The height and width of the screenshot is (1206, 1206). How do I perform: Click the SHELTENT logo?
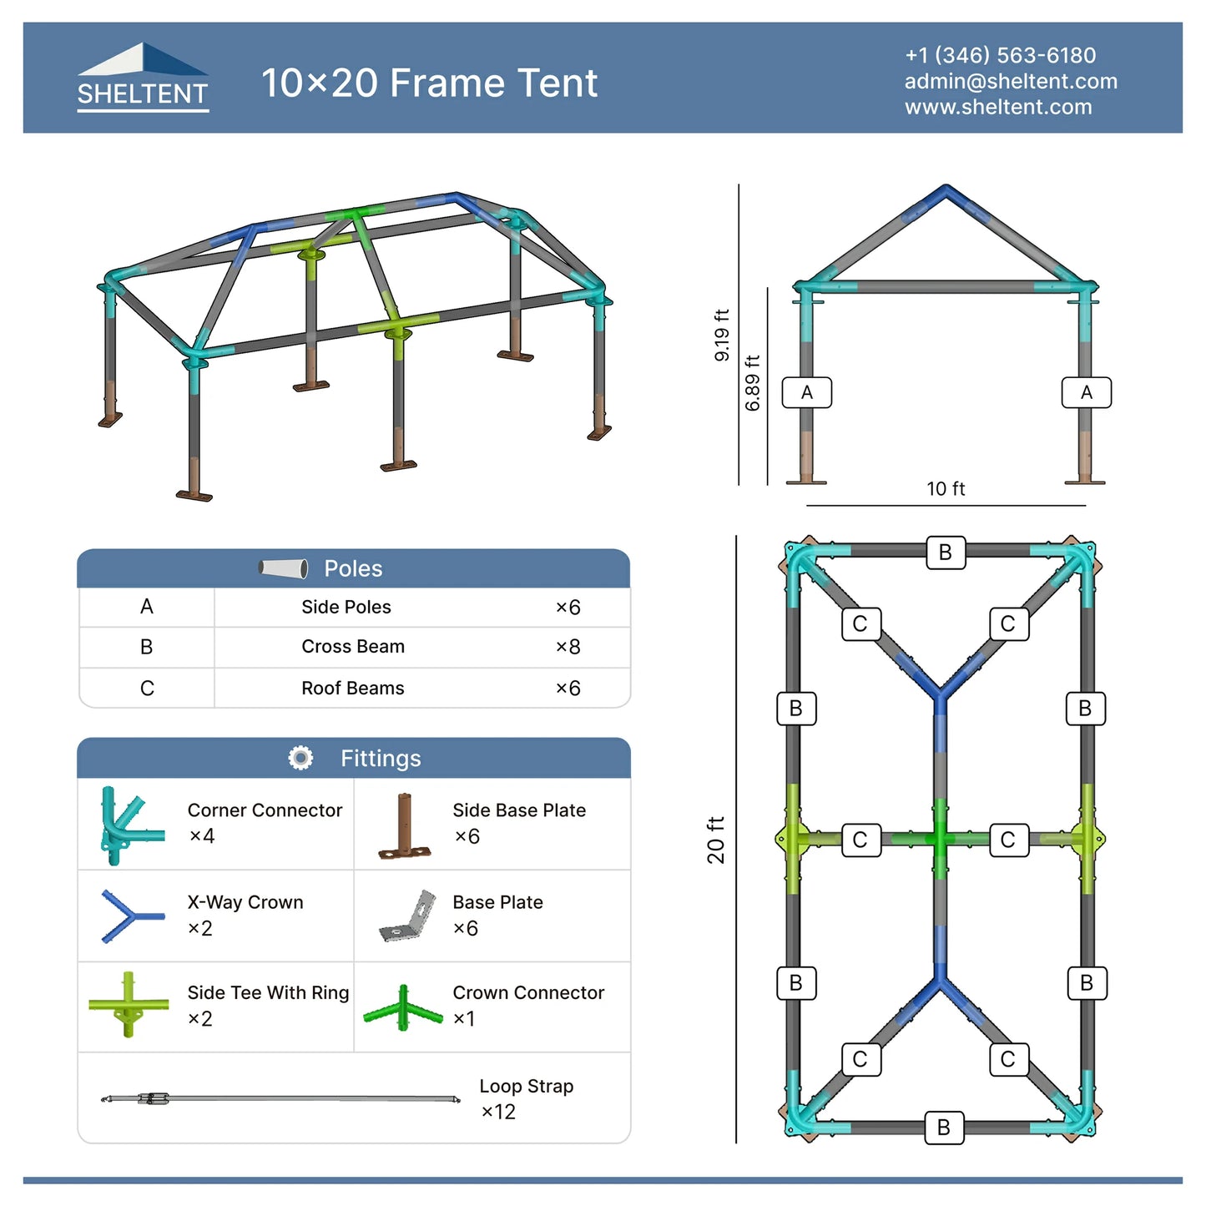143,78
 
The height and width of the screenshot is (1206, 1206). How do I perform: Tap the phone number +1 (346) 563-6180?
1000,55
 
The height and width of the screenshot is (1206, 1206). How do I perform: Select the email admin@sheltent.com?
1011,81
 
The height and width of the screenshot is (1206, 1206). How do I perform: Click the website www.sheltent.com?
998,107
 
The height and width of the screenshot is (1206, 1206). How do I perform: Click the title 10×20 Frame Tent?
429,83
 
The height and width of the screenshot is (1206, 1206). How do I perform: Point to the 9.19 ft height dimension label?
722,335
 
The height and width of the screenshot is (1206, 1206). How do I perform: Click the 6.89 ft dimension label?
753,383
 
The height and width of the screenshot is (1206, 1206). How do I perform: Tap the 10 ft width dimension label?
946,489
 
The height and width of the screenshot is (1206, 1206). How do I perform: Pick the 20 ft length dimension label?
716,840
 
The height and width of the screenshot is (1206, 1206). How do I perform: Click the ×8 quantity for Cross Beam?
568,647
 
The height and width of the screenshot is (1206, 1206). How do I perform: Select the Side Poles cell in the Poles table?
346,607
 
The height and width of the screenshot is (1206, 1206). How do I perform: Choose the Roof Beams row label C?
147,689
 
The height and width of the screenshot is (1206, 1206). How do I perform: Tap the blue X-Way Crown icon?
129,916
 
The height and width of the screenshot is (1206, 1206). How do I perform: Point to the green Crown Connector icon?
403,1008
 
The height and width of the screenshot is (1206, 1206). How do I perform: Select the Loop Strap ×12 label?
526,1098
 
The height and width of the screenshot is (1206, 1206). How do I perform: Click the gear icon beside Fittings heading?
300,758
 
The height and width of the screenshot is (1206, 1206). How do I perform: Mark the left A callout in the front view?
806,392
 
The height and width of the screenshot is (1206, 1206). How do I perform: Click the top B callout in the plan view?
945,553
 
